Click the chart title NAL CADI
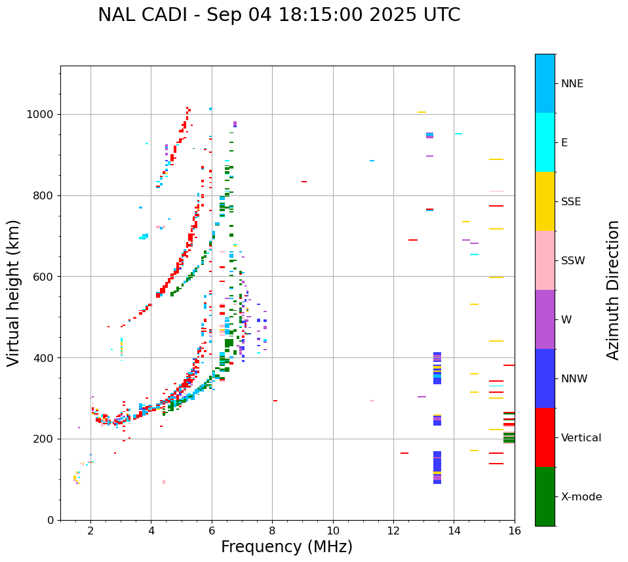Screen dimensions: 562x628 pyautogui.click(x=279, y=15)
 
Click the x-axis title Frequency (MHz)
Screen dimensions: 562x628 pyautogui.click(x=286, y=547)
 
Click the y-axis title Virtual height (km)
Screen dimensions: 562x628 pyautogui.click(x=14, y=292)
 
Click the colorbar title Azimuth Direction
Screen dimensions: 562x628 pyautogui.click(x=613, y=290)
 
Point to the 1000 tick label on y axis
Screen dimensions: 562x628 pyautogui.click(x=41, y=115)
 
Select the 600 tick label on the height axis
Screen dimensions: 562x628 pyautogui.click(x=44, y=277)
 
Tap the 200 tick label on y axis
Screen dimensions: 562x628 pyautogui.click(x=44, y=439)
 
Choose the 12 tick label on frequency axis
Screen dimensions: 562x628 pyautogui.click(x=393, y=531)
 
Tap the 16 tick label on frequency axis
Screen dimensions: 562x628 pyautogui.click(x=515, y=531)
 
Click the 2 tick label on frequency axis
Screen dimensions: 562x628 pyautogui.click(x=90, y=531)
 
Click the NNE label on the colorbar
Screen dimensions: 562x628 pyautogui.click(x=572, y=84)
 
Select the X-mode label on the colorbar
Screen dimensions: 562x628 pyautogui.click(x=581, y=497)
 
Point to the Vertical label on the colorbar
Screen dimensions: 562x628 pyautogui.click(x=581, y=438)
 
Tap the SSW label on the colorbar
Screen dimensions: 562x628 pyautogui.click(x=573, y=261)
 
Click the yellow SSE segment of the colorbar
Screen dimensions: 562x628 pyautogui.click(x=545, y=201)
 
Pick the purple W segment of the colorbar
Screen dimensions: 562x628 pyautogui.click(x=545, y=319)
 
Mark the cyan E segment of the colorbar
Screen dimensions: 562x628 pyautogui.click(x=545, y=142)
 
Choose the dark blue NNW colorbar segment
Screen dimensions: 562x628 pyautogui.click(x=545, y=378)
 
